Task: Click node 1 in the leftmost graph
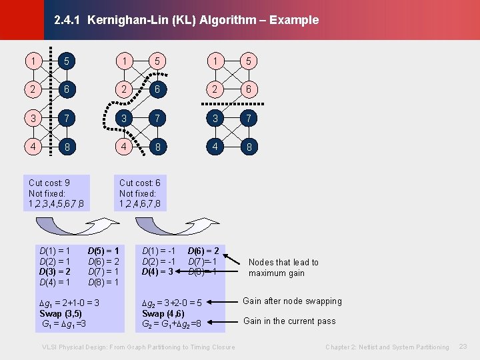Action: pos(32,61)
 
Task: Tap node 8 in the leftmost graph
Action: pos(67,146)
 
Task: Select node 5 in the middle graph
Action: pos(157,61)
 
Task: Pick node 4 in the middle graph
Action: pos(123,146)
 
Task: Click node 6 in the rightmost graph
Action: pos(248,89)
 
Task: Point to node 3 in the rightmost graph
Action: pos(214,118)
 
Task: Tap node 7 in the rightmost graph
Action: pos(248,118)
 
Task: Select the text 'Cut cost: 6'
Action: pos(140,183)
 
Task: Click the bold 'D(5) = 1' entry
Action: pos(103,251)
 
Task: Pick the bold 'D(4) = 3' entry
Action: pos(157,271)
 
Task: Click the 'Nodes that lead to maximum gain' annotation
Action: pos(283,267)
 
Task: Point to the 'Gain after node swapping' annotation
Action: pos(292,301)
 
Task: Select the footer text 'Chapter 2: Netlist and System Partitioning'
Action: pos(387,347)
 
